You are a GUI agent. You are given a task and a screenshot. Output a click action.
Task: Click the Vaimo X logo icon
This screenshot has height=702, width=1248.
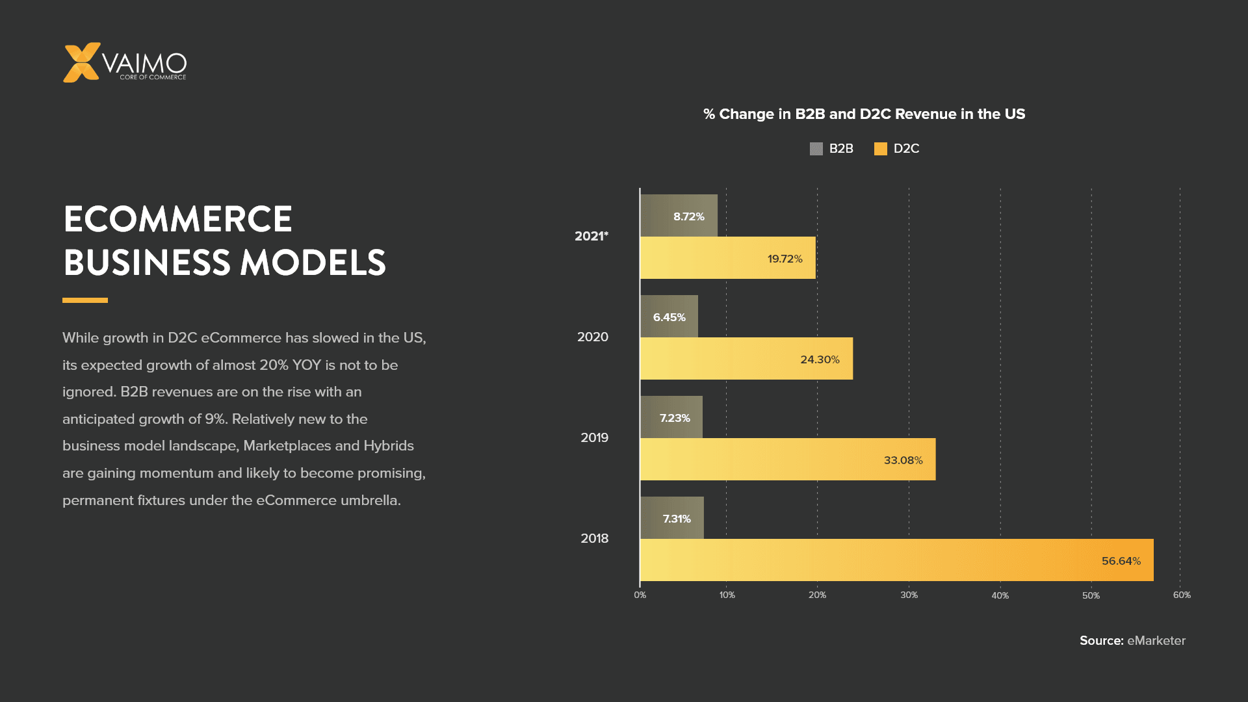pos(81,62)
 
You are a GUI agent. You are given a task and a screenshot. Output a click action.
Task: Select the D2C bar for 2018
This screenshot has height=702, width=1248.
pos(896,560)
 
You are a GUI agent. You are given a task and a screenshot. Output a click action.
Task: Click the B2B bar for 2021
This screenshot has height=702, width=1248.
pos(679,216)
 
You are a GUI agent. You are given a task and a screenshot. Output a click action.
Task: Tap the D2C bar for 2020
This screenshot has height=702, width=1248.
pos(746,359)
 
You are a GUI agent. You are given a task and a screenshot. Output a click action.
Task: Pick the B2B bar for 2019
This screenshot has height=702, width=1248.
pos(671,417)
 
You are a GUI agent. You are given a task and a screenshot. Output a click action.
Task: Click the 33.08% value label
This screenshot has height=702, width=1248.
pos(903,460)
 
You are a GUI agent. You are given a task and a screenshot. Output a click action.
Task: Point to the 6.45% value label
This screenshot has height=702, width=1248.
pos(669,317)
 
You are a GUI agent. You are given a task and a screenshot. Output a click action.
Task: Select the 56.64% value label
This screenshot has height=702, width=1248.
pos(1121,561)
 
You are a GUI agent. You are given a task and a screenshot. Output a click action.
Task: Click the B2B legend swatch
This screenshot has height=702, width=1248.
pos(816,149)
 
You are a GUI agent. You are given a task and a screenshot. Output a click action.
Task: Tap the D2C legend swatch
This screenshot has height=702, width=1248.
pos(881,149)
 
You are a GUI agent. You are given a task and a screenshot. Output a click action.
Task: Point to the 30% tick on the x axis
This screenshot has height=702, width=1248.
pos(909,595)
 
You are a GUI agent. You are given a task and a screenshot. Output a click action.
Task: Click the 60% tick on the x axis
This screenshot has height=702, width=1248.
pos(1182,595)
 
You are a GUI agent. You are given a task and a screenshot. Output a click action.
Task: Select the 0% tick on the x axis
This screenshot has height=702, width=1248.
pos(640,595)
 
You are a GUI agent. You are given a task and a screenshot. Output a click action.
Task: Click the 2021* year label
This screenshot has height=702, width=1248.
pos(591,236)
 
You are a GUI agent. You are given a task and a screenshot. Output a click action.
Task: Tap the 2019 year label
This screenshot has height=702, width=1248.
pos(594,437)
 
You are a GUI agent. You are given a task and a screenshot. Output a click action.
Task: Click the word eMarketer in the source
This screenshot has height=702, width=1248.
pos(1156,640)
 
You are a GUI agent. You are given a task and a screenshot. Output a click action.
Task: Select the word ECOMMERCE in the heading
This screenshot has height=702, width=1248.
pos(178,219)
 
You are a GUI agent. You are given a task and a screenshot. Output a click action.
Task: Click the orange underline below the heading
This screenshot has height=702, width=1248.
pos(85,300)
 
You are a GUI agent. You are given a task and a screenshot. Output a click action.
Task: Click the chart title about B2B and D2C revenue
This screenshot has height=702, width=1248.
pos(864,114)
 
